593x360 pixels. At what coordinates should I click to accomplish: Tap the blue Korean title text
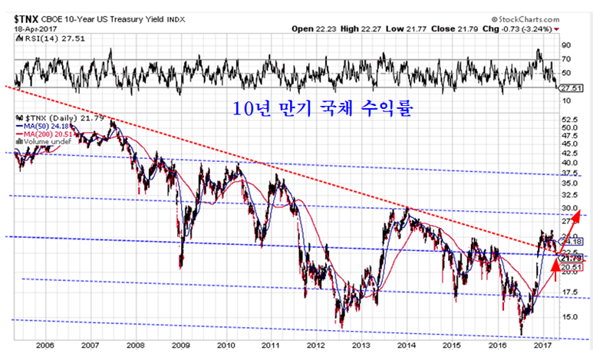point(323,108)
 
